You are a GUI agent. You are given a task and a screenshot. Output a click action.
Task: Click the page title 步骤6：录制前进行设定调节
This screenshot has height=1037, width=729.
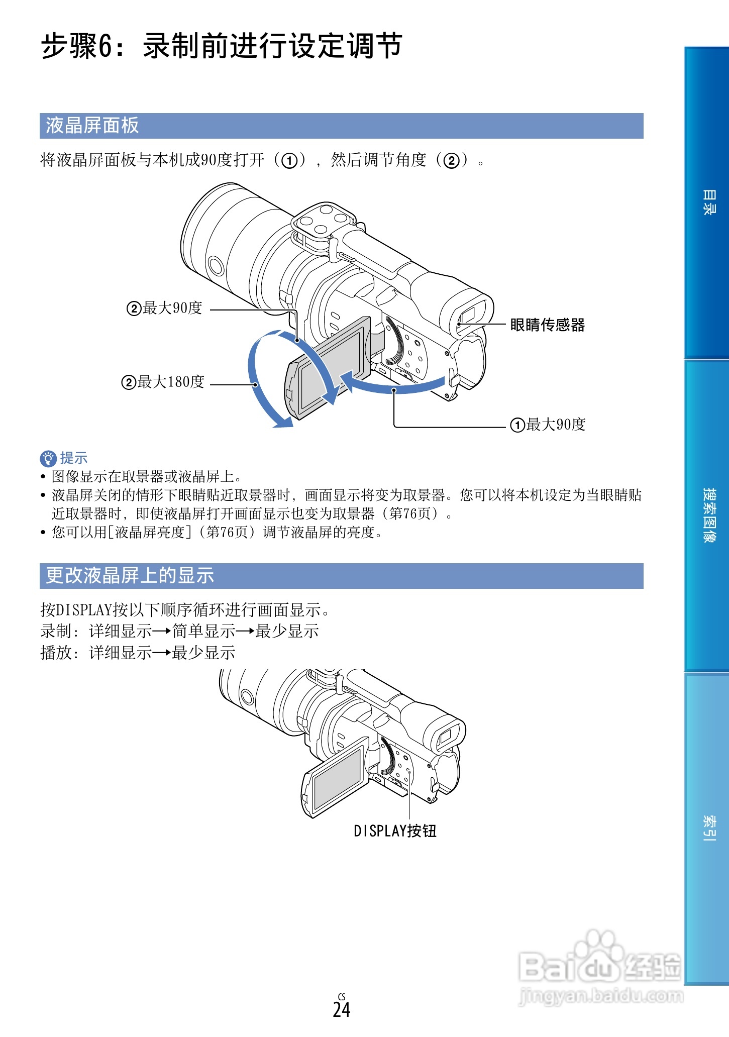(221, 46)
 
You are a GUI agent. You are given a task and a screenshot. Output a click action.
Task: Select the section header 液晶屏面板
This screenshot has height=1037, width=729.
(92, 126)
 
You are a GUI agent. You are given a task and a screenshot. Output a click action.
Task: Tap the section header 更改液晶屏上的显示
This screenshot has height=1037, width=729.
(130, 576)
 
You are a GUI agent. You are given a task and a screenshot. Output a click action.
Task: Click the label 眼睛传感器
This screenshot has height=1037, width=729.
(547, 325)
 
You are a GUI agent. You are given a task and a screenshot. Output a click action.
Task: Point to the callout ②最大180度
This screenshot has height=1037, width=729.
(163, 382)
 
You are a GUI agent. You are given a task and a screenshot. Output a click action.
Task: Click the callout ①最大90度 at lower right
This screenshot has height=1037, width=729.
(548, 425)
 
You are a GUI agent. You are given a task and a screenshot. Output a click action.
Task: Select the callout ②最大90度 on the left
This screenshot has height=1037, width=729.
(164, 308)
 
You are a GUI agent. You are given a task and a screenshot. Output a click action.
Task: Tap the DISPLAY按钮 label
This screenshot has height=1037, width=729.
(395, 831)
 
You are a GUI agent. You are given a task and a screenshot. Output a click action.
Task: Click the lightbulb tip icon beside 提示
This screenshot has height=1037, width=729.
(48, 458)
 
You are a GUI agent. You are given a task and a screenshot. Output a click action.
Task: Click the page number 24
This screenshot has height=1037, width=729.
(342, 1009)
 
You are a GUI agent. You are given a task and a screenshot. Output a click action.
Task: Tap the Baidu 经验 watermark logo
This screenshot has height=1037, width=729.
(600, 967)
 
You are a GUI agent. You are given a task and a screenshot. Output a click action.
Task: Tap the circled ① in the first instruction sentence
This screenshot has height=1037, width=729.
(289, 161)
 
